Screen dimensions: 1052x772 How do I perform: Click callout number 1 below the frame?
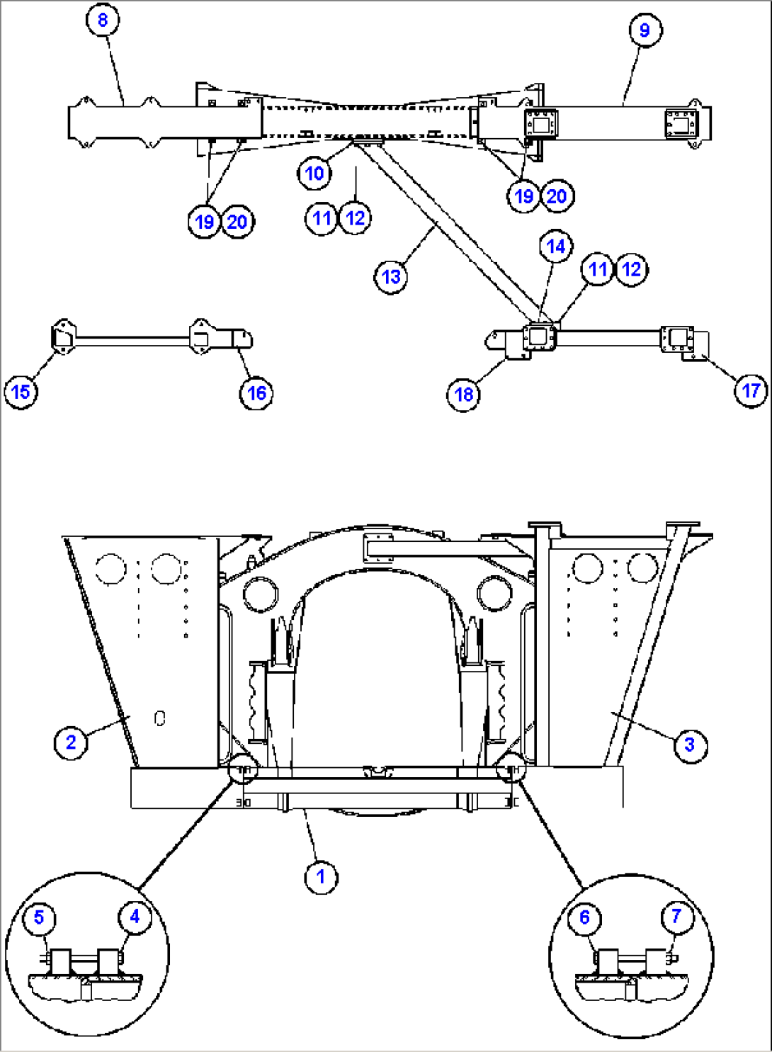click(321, 877)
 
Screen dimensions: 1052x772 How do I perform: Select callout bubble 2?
click(71, 742)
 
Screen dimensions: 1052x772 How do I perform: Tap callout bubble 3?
click(690, 745)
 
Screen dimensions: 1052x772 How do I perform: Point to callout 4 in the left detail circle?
click(135, 917)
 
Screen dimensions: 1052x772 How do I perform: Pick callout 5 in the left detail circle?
click(39, 917)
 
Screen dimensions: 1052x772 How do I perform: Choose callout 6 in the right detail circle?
click(584, 917)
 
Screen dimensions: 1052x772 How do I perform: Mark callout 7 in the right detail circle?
click(676, 916)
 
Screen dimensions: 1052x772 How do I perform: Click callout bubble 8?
click(103, 20)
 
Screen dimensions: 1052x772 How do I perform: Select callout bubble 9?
click(645, 30)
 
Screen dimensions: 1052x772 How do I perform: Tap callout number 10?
click(314, 174)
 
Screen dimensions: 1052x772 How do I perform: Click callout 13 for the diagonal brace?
click(391, 277)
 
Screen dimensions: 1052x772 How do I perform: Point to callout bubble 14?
click(556, 247)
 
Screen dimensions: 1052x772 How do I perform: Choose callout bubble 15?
click(21, 391)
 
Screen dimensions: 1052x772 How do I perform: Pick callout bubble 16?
click(256, 393)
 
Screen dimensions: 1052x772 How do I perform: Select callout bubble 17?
click(751, 390)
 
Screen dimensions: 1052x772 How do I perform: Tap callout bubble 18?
click(464, 394)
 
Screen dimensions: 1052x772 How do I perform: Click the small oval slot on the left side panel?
click(160, 718)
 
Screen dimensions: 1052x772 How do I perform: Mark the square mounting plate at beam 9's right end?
click(681, 124)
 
